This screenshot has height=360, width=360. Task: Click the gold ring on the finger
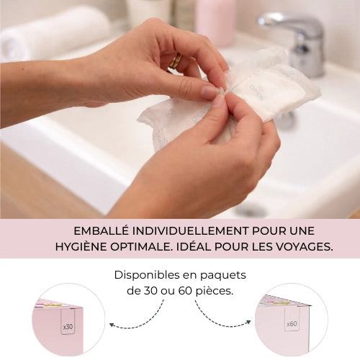tap(175, 62)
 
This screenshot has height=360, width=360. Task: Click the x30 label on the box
tap(68, 326)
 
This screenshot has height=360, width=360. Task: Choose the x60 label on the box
tap(292, 324)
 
